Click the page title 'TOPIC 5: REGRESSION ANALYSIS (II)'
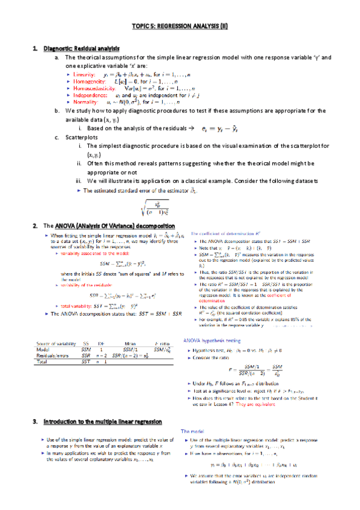180,28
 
